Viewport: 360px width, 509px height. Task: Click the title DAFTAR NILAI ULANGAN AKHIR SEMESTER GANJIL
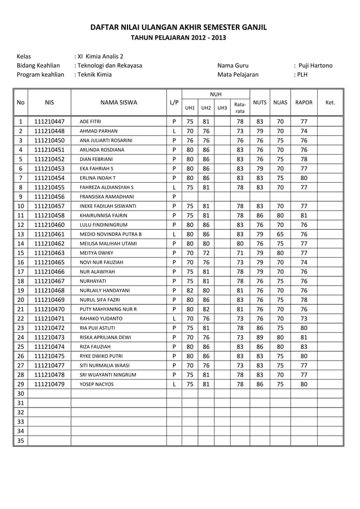click(x=179, y=28)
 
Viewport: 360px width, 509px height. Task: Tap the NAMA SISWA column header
click(x=118, y=103)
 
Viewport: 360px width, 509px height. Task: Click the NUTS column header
click(x=260, y=103)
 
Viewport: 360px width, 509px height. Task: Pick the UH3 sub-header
click(x=222, y=107)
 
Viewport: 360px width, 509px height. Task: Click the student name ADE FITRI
click(x=90, y=121)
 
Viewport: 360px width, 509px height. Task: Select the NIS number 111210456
click(x=49, y=196)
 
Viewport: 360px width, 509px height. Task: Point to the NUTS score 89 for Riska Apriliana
click(x=260, y=337)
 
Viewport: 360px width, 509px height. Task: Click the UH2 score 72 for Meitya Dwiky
click(x=206, y=253)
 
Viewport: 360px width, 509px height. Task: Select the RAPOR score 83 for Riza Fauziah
click(x=304, y=346)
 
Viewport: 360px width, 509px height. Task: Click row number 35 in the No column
click(x=20, y=440)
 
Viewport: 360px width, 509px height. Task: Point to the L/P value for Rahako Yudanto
click(x=174, y=318)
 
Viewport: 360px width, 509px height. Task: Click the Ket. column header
click(x=331, y=103)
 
